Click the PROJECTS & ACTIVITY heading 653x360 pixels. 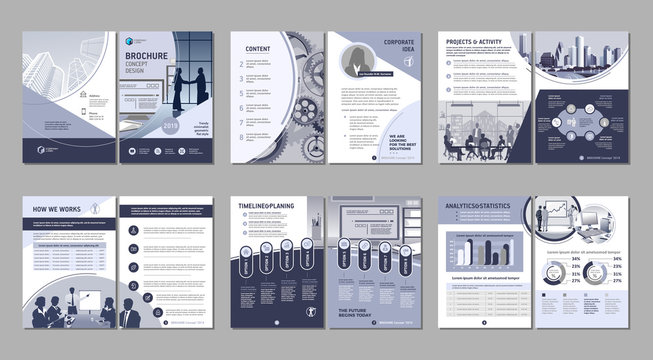click(474, 44)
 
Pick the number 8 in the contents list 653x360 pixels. click(238, 142)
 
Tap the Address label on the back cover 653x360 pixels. click(94, 96)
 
